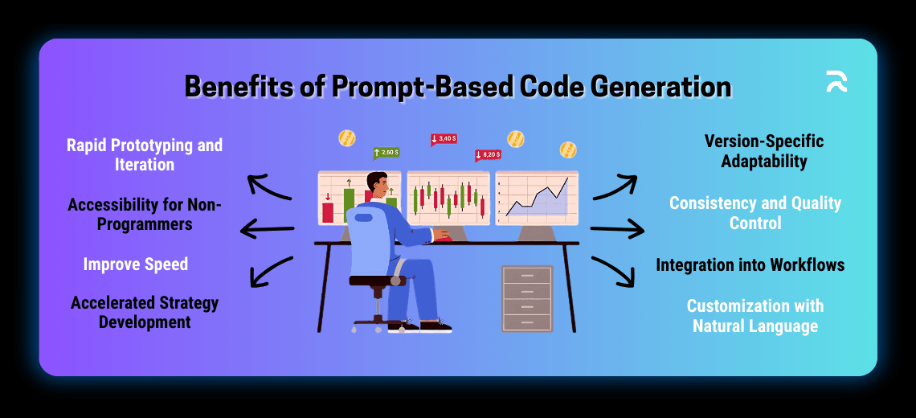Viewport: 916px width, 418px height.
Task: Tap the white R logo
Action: pyautogui.click(x=836, y=81)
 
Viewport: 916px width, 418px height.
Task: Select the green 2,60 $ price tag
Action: pyautogui.click(x=386, y=153)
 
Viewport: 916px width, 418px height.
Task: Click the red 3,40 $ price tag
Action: pyautogui.click(x=444, y=139)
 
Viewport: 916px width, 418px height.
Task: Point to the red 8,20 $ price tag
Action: pyautogui.click(x=488, y=154)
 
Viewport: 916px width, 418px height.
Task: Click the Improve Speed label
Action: pyautogui.click(x=136, y=264)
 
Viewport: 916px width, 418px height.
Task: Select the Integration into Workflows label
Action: pyautogui.click(x=750, y=264)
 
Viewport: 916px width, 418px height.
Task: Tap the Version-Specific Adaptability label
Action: pyautogui.click(x=763, y=151)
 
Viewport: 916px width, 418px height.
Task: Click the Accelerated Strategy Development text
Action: pyautogui.click(x=145, y=313)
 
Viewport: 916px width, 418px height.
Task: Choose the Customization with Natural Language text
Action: pyautogui.click(x=755, y=316)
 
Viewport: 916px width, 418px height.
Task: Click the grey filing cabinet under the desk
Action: pyautogui.click(x=526, y=297)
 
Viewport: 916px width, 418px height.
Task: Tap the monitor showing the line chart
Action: pyautogui.click(x=536, y=197)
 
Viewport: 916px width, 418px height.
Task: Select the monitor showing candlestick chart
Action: pyautogui.click(x=448, y=197)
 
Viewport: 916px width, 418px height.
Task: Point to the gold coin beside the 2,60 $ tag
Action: pyautogui.click(x=347, y=138)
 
